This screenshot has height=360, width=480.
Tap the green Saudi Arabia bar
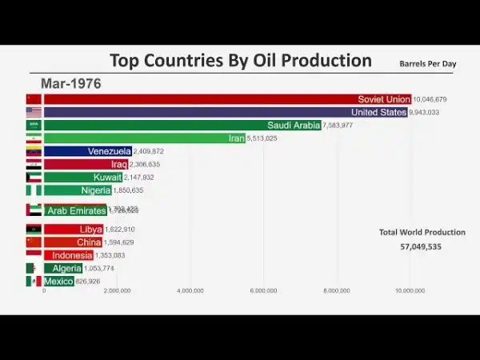tap(182, 125)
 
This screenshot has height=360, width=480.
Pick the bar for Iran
tap(145, 138)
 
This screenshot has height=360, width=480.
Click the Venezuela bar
tap(87, 151)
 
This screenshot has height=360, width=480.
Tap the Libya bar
tap(74, 230)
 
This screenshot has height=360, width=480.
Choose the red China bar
tap(73, 242)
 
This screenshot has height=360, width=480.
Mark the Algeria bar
tap(63, 268)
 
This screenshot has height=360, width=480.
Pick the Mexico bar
tap(59, 281)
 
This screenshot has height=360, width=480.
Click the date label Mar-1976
tap(70, 82)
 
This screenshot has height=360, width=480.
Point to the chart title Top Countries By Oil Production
tap(240, 61)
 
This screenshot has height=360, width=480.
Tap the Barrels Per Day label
tap(427, 63)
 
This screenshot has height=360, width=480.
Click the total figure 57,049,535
tap(422, 246)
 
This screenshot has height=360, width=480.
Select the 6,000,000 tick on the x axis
tap(263, 290)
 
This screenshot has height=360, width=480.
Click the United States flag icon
tap(33, 112)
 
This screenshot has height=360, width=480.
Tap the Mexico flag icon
tap(33, 281)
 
